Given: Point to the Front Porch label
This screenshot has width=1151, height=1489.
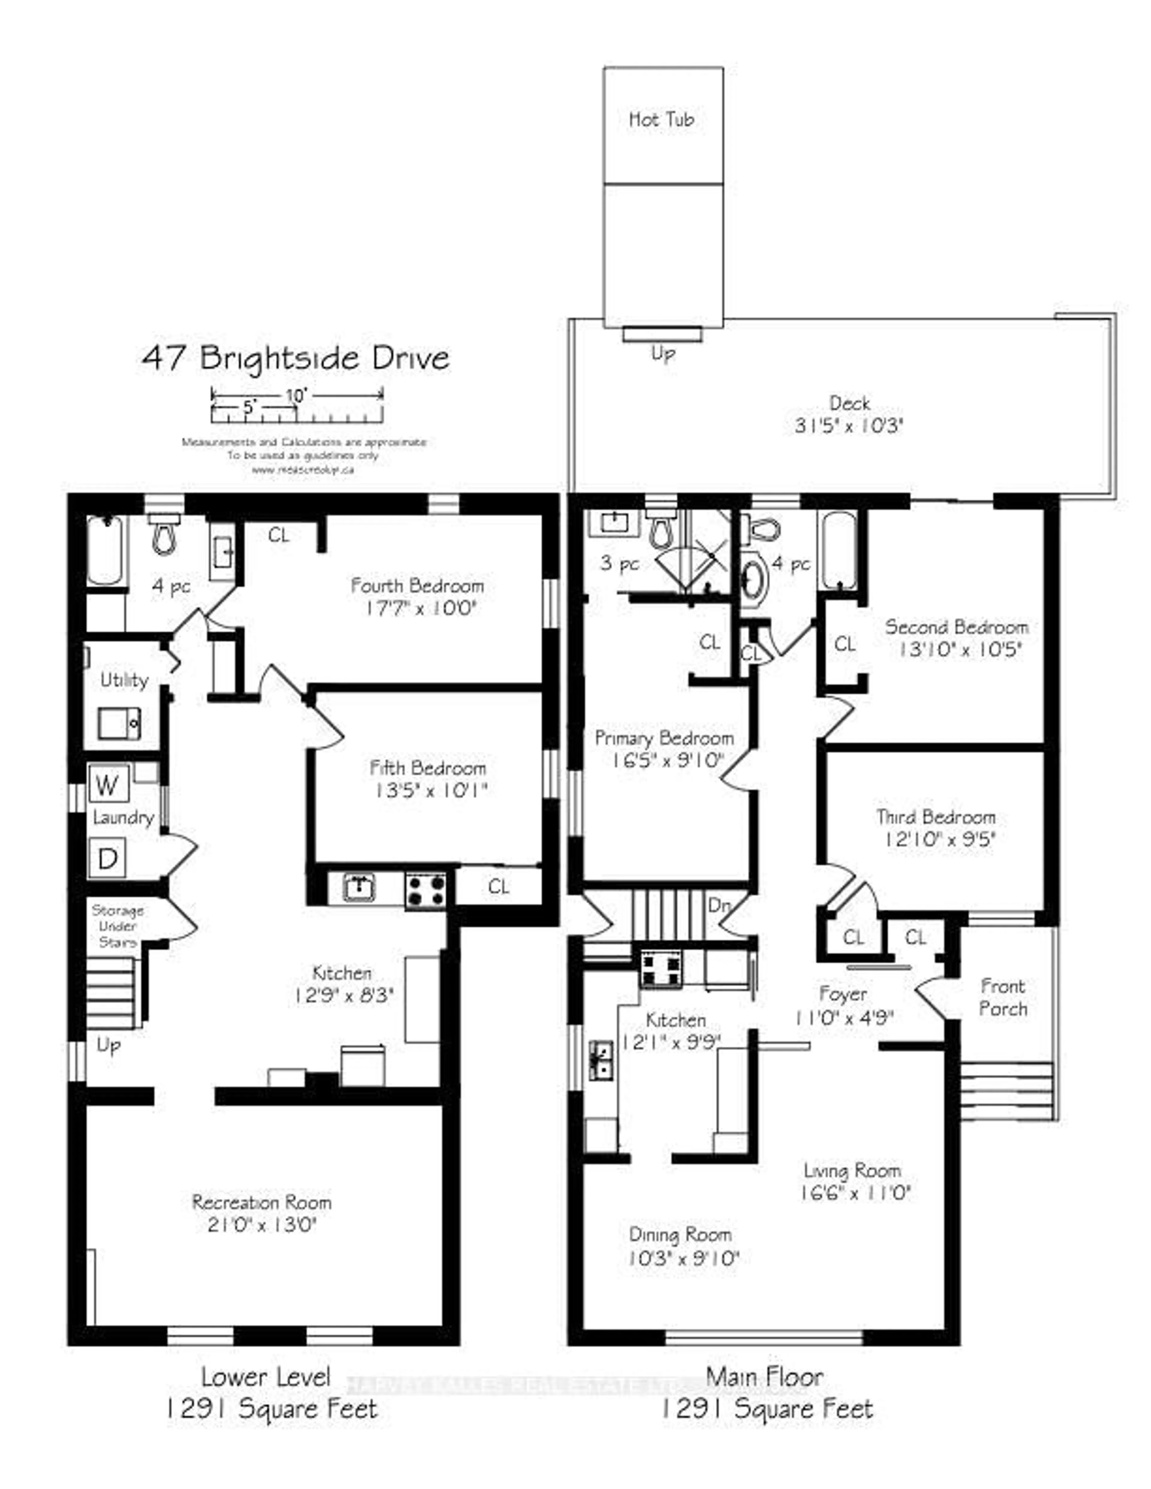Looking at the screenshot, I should (x=1002, y=998).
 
